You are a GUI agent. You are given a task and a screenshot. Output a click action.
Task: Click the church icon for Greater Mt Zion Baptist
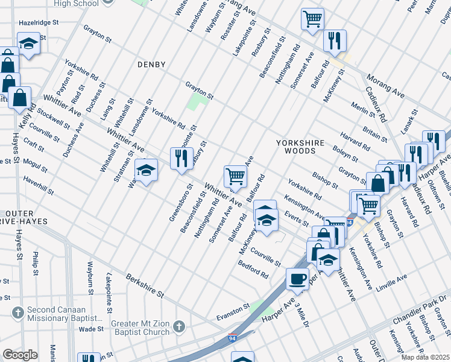[x=178, y=326]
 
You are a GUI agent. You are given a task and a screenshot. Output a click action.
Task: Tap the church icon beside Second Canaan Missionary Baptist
[x=18, y=313]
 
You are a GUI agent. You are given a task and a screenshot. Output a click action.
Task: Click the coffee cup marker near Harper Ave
[x=297, y=279]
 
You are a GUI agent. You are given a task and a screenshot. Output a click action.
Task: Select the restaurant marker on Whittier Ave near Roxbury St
[x=181, y=159]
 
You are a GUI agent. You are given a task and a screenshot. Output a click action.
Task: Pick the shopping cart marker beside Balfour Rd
[x=235, y=176]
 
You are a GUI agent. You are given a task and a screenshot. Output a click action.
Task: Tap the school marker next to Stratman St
[x=145, y=171]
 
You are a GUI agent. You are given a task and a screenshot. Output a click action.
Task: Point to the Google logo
[x=20, y=355]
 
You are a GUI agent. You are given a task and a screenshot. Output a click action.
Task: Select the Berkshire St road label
[x=145, y=285]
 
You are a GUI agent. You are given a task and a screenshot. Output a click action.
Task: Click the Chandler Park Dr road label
[x=417, y=308]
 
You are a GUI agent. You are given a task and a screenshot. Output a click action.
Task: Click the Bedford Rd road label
[x=253, y=270]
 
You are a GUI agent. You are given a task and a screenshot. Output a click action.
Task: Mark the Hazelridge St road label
[x=38, y=21]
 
